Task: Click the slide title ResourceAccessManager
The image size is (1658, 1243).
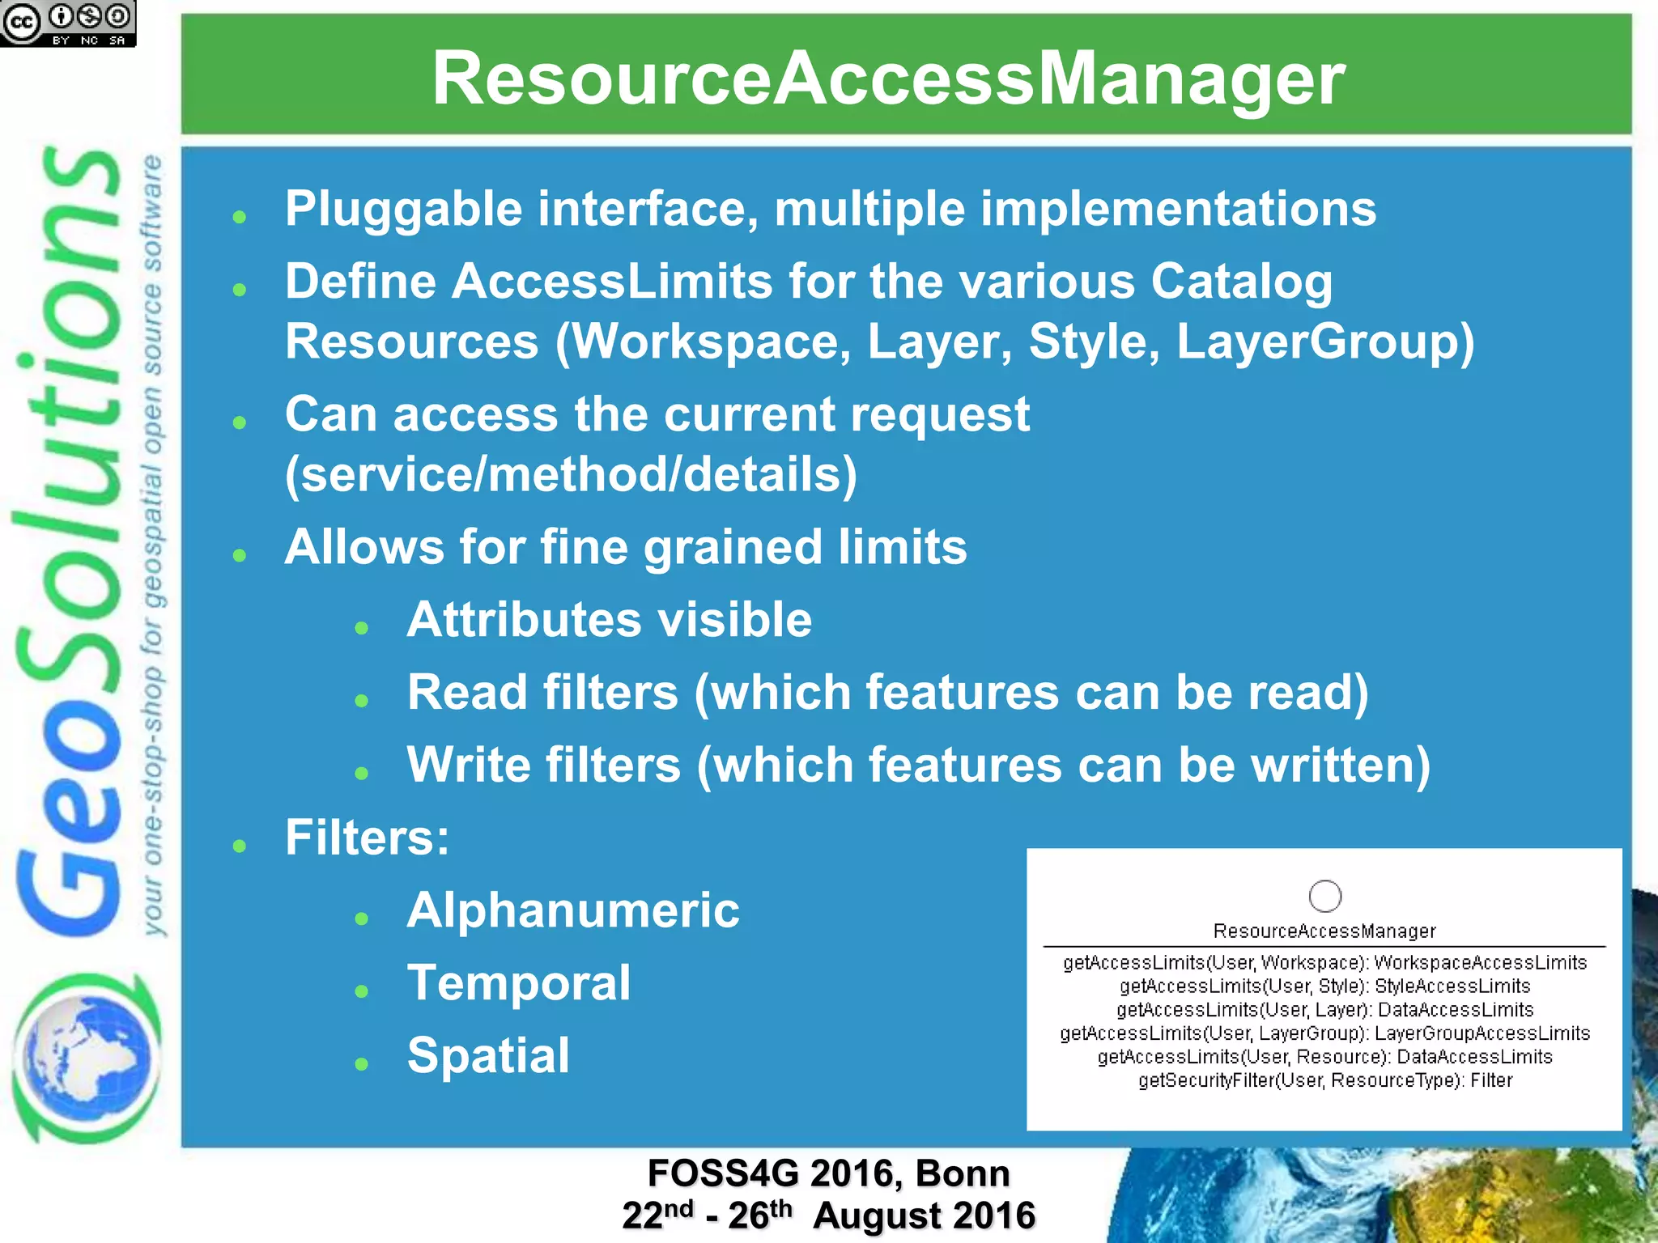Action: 888,78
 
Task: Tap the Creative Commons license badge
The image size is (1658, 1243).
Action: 68,23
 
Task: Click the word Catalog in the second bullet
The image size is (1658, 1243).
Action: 1241,282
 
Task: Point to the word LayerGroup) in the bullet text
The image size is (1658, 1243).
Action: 1325,342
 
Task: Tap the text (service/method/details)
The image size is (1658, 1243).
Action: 571,474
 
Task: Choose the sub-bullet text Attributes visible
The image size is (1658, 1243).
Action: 609,620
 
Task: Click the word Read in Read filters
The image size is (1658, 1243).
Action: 461,693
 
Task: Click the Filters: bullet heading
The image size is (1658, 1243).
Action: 367,838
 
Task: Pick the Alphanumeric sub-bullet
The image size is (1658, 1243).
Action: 573,910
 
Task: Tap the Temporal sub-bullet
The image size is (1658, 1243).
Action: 519,983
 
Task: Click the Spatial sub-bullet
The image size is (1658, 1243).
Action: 488,1056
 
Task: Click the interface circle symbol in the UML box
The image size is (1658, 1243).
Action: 1324,896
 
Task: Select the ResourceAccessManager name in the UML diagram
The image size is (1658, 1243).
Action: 1324,931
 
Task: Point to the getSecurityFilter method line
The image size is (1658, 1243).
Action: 1324,1081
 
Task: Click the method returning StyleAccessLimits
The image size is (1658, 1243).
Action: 1324,986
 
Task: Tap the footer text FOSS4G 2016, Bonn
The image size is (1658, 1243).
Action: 828,1173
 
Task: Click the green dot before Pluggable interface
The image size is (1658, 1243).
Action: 239,217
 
